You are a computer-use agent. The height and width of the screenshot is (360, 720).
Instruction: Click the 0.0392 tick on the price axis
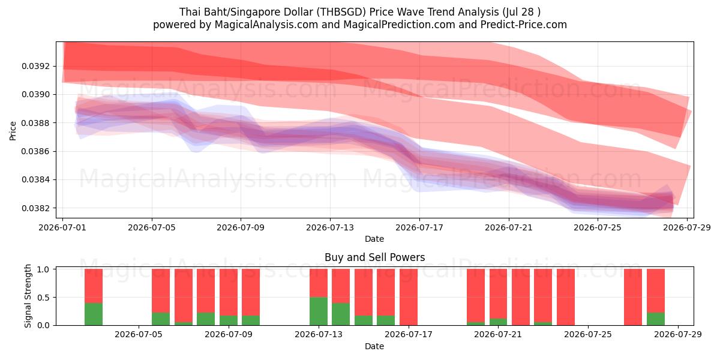click(x=35, y=66)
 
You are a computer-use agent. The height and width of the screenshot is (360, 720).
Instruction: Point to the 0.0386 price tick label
click(x=35, y=151)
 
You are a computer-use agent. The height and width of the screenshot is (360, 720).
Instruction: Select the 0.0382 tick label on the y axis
click(x=35, y=208)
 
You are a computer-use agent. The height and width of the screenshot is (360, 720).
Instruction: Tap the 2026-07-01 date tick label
click(x=62, y=227)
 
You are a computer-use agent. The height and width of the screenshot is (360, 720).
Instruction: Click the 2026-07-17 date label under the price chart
click(x=419, y=227)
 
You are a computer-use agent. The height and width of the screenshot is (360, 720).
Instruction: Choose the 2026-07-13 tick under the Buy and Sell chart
click(x=319, y=334)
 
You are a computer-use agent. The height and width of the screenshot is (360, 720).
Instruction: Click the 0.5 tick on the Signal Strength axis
click(x=43, y=298)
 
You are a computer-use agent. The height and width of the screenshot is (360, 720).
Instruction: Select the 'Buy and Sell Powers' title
click(x=374, y=257)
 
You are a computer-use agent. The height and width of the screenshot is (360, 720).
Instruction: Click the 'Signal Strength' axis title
click(x=28, y=296)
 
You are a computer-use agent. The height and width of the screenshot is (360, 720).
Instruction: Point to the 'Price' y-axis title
click(x=13, y=131)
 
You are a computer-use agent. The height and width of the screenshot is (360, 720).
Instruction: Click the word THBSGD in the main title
click(x=341, y=12)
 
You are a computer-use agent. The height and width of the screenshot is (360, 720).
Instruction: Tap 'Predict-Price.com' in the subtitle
click(x=523, y=25)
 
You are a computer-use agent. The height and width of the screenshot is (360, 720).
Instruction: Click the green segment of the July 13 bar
click(x=319, y=311)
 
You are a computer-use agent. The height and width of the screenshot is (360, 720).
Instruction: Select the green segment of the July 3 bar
click(x=94, y=314)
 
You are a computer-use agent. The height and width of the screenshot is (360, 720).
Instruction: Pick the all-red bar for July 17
click(x=409, y=297)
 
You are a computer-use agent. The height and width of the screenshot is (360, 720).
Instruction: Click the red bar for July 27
click(x=633, y=297)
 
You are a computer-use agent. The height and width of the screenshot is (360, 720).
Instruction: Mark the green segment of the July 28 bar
click(x=656, y=319)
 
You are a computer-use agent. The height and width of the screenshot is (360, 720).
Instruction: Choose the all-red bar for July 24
click(x=566, y=297)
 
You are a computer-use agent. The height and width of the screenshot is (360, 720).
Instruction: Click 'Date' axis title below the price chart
click(x=374, y=239)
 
